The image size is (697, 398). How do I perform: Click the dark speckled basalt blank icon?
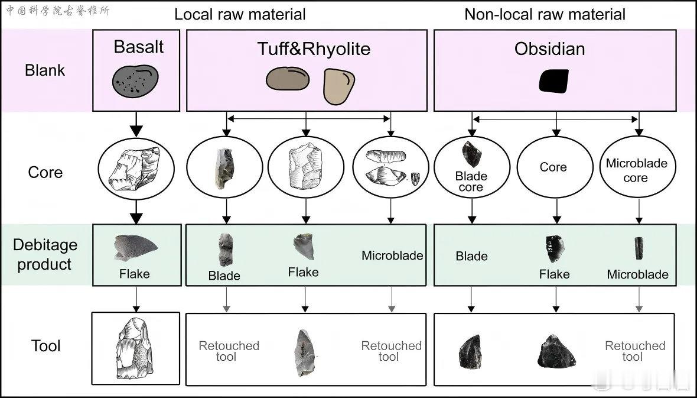coord(135,81)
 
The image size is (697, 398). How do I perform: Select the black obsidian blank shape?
coord(554,81)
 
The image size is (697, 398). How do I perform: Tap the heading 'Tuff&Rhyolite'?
coord(314,48)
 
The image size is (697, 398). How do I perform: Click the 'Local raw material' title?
coord(240,14)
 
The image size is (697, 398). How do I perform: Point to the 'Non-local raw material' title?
coord(545,14)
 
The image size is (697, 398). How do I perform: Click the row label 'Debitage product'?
coord(45,254)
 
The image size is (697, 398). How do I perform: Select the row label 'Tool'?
coord(45,345)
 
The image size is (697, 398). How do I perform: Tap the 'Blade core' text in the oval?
coord(471,182)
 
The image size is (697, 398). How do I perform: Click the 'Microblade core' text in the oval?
coord(637,170)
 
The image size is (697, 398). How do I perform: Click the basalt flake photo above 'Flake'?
coord(135,248)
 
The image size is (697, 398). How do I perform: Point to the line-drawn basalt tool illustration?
coord(135,348)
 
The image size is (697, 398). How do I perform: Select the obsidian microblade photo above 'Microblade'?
coord(639,248)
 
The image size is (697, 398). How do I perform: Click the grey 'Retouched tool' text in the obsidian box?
coord(635,351)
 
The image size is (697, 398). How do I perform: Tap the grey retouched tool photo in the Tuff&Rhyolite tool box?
coord(304,352)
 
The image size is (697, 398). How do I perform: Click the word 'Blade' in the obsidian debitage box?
coord(471,256)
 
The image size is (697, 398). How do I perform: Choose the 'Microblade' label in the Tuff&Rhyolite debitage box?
coord(392,255)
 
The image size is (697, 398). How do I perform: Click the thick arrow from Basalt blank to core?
coord(136,124)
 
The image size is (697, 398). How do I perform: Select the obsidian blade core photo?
coord(471,154)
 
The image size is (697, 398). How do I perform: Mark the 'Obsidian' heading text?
coord(549,49)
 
